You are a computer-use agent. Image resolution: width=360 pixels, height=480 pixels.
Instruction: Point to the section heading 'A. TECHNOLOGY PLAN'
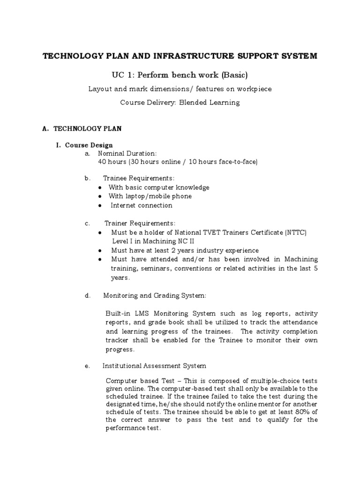pyautogui.click(x=82, y=128)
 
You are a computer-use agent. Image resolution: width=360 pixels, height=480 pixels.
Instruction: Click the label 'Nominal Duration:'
pyautogui.click(x=127, y=153)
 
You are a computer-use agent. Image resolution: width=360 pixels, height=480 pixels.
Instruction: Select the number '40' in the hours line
pyautogui.click(x=102, y=162)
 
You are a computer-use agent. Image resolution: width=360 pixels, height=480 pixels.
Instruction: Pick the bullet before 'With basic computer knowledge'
pyautogui.click(x=101, y=187)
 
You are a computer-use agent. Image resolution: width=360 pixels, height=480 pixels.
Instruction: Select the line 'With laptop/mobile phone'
pyautogui.click(x=150, y=196)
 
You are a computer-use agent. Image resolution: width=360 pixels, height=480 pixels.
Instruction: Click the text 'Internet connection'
pyautogui.click(x=142, y=205)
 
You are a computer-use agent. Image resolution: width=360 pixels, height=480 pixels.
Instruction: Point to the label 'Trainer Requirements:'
pyautogui.click(x=140, y=223)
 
